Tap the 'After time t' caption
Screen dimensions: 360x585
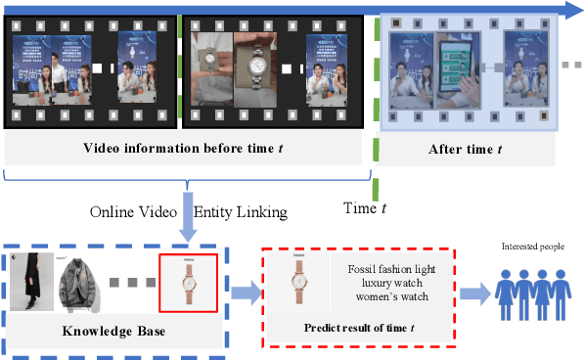[466, 149]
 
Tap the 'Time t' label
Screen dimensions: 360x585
[369, 206]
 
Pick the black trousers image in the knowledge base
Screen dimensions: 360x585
[26, 283]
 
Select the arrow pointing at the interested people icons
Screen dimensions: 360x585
[471, 292]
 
